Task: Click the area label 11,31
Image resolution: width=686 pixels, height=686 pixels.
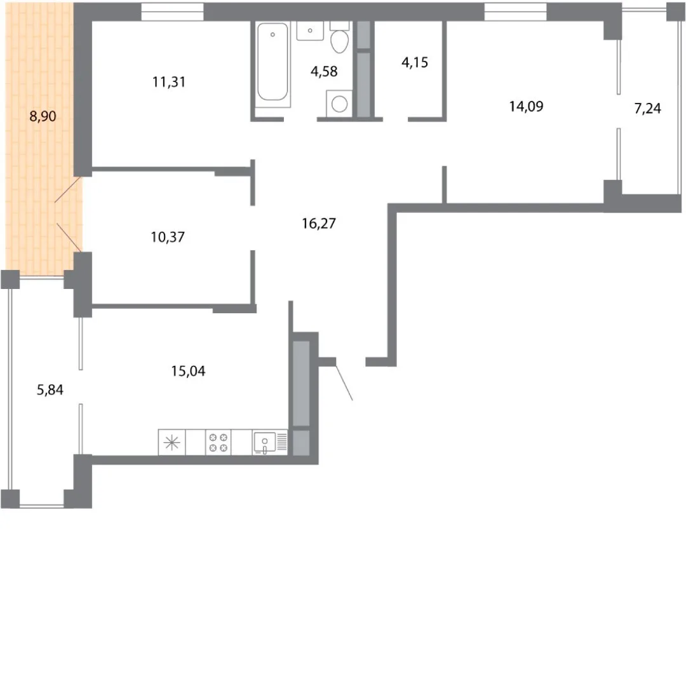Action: (169, 82)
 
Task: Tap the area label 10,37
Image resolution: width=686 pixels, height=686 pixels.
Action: (168, 237)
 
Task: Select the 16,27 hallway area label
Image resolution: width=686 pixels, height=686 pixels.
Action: (319, 224)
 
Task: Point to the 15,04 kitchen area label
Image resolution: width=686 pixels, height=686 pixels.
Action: (188, 371)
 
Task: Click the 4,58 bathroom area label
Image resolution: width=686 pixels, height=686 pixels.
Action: (324, 71)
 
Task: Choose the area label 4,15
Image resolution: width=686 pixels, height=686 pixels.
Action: (415, 62)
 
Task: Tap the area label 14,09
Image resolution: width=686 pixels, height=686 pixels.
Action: (527, 106)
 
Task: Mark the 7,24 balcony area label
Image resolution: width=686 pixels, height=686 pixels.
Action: (647, 108)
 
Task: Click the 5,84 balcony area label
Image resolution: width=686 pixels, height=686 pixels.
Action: (50, 389)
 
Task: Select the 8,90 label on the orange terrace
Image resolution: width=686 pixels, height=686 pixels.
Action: (43, 116)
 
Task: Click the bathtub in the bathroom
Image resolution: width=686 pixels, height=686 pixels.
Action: (272, 64)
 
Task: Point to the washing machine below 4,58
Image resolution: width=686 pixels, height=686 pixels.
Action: (339, 104)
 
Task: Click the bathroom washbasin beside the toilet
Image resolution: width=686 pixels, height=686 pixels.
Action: (310, 30)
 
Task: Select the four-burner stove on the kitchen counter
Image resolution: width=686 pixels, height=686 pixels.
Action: (219, 442)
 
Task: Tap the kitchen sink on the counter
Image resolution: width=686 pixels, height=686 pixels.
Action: (265, 442)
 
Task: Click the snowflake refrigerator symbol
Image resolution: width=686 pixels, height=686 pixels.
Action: (172, 442)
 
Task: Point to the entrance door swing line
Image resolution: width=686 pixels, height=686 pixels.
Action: (344, 383)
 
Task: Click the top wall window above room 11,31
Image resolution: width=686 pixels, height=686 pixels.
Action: (172, 12)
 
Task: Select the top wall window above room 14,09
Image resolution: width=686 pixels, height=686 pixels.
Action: (515, 12)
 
